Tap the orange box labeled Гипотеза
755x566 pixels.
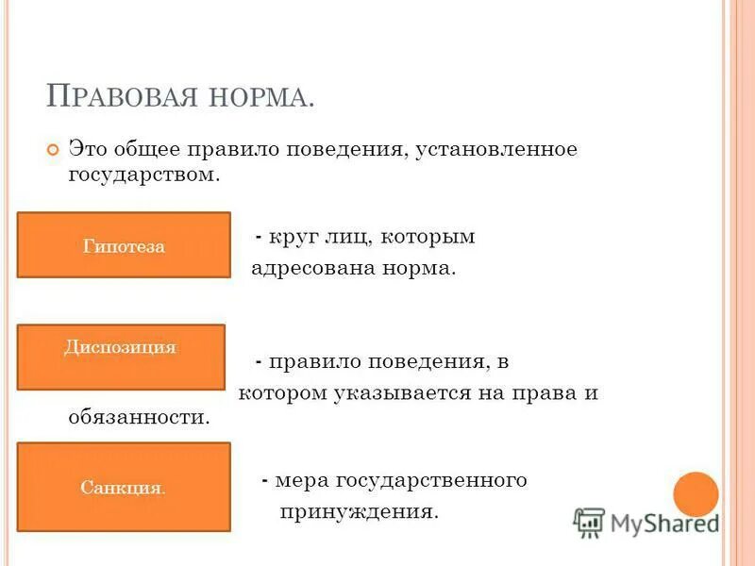(124, 245)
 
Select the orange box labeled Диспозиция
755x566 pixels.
(121, 357)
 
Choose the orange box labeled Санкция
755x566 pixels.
(124, 487)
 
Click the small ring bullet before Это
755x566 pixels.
(52, 151)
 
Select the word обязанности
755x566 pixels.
(139, 416)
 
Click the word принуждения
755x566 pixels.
(359, 512)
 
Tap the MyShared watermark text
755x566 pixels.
(664, 522)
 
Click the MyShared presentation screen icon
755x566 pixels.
(589, 522)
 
